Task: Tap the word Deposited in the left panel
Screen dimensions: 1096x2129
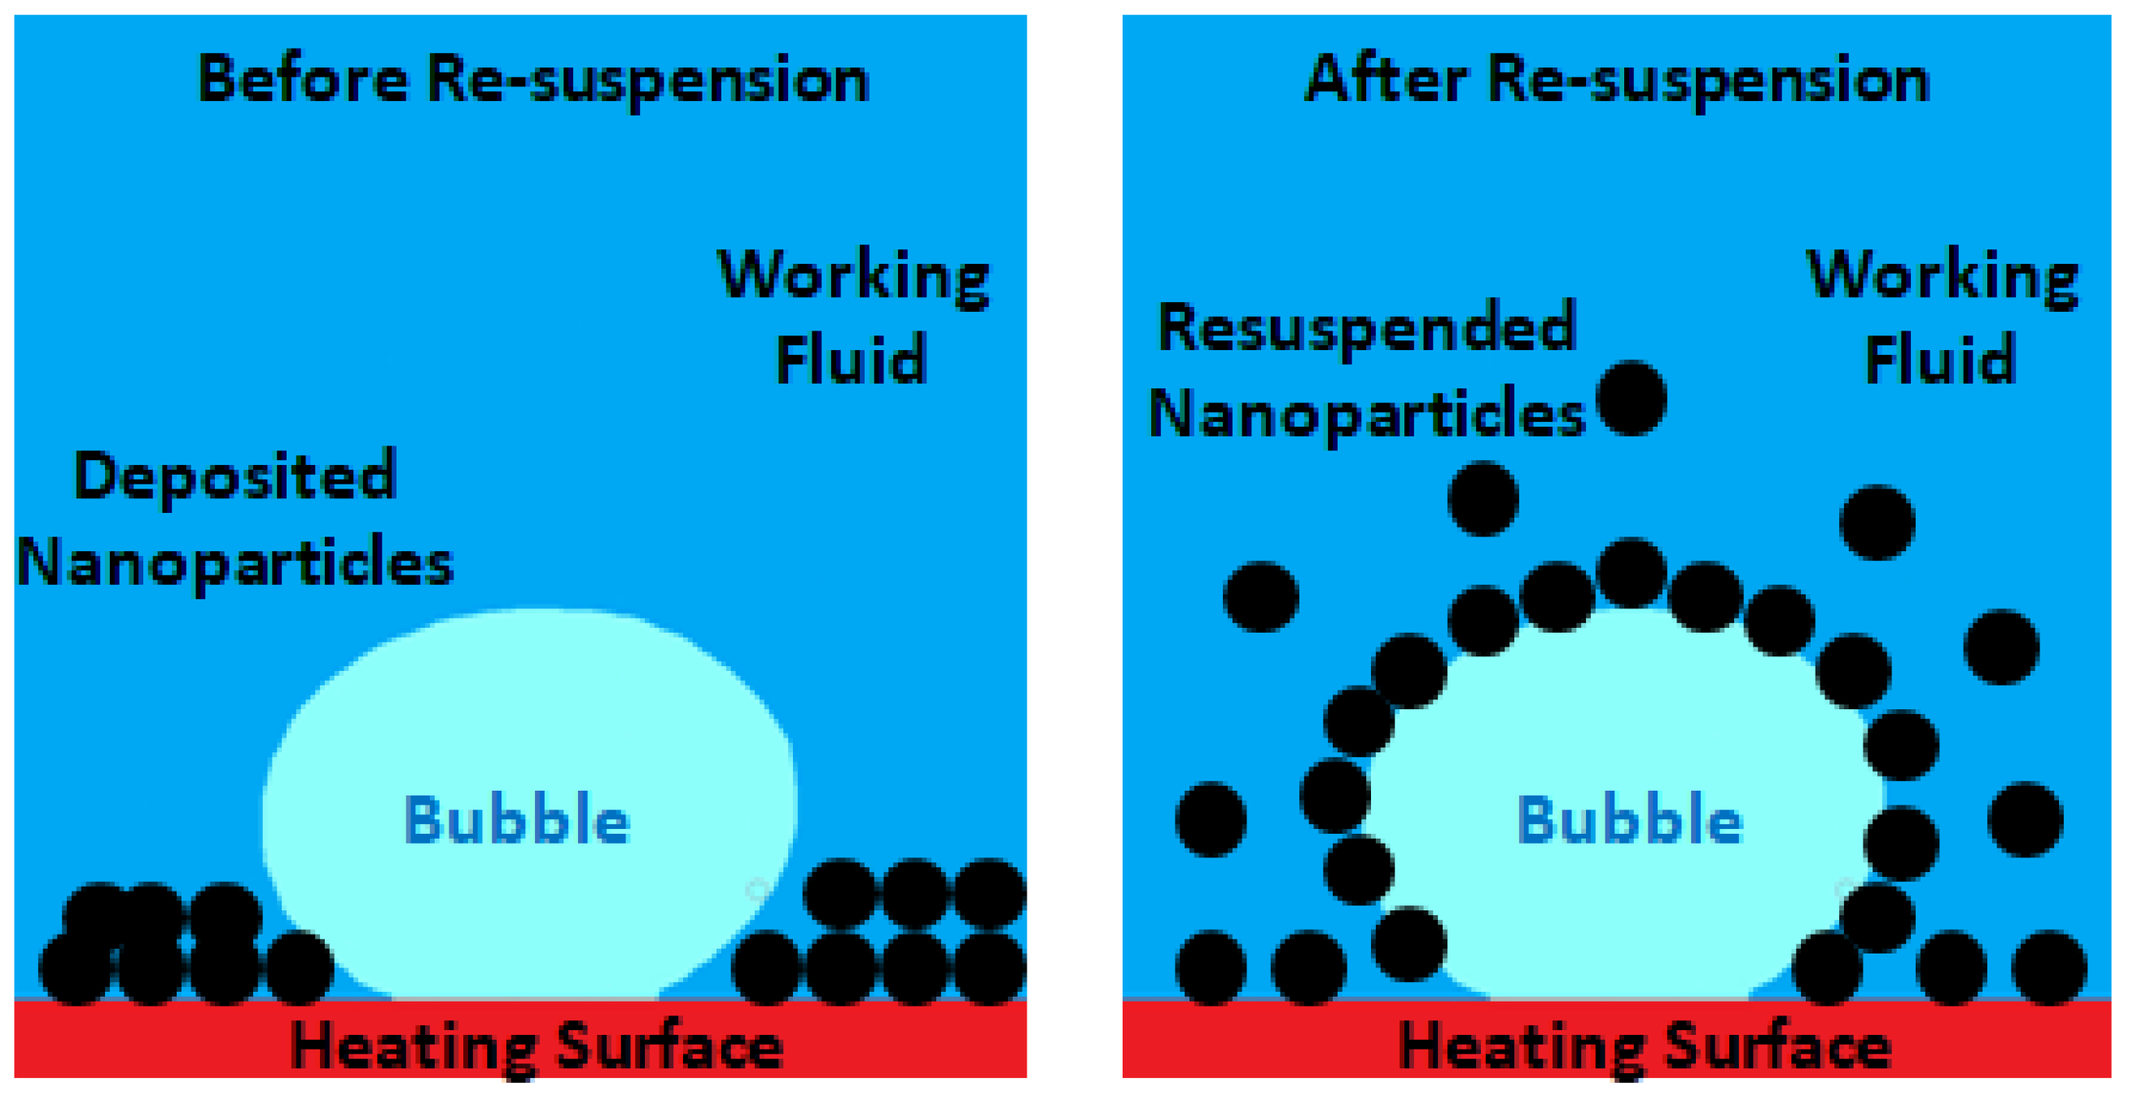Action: click(235, 477)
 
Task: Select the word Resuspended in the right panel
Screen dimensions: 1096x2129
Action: click(1368, 328)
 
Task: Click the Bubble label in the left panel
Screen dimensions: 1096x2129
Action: click(516, 820)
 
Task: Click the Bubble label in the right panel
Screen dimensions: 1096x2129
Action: click(1630, 820)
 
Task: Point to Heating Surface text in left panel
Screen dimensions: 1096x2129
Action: click(537, 1046)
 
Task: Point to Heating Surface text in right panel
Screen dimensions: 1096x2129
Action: click(1645, 1046)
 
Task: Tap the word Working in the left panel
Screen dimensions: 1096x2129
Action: click(853, 275)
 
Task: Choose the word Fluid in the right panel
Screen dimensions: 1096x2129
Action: click(1941, 360)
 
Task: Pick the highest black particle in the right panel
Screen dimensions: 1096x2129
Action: click(1632, 398)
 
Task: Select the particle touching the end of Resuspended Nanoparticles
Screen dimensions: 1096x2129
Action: click(1632, 398)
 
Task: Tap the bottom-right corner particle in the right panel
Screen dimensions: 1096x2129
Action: click(2050, 967)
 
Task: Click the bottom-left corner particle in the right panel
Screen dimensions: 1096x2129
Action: click(1211, 967)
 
